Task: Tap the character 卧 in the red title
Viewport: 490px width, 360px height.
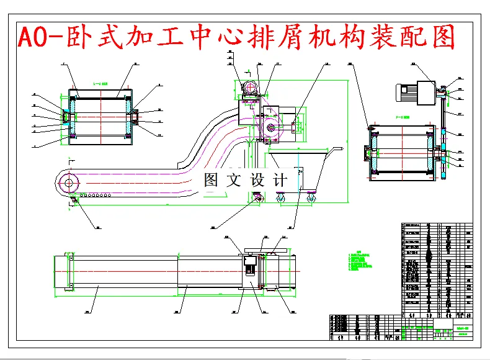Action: [x=78, y=38]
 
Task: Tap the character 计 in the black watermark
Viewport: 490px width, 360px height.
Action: [x=280, y=181]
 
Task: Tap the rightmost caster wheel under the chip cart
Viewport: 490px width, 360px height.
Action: [x=310, y=197]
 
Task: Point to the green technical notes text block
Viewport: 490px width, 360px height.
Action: [x=362, y=261]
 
